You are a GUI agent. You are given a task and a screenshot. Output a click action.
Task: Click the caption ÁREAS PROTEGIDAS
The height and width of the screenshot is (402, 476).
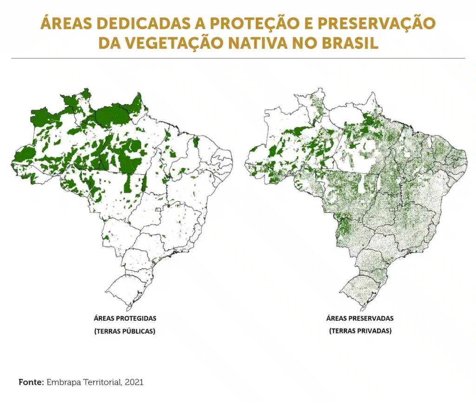point(125,318)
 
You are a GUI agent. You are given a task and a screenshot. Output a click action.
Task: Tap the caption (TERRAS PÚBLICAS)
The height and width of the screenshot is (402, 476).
point(125,331)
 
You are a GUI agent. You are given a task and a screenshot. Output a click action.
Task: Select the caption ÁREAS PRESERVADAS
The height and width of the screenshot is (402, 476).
point(359,318)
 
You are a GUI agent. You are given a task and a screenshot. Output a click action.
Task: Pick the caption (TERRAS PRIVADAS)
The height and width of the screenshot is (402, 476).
point(359,331)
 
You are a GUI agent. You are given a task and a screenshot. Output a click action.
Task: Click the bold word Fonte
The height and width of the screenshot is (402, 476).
point(30,382)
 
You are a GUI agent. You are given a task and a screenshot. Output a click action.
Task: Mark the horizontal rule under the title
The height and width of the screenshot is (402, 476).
point(238,58)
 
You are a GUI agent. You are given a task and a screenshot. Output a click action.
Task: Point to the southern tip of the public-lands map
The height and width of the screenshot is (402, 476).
point(127,310)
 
